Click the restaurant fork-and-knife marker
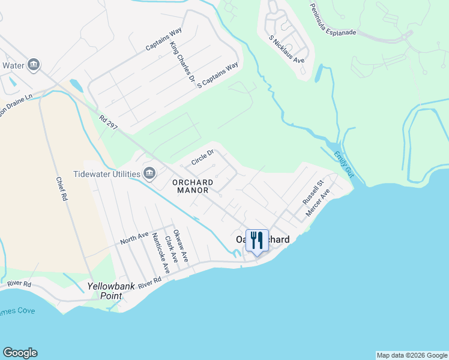click(257, 241)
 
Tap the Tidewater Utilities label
click(107, 174)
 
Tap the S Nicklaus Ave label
click(287, 49)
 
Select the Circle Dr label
click(202, 158)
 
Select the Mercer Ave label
click(318, 203)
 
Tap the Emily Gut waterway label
click(344, 163)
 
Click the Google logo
click(20, 353)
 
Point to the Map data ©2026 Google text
click(412, 355)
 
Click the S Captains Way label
click(217, 75)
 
